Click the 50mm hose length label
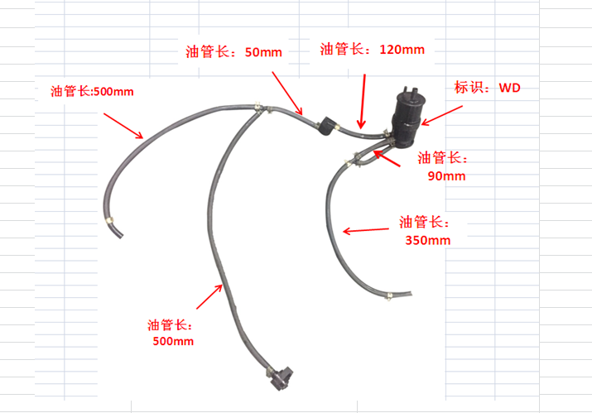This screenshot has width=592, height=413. click(233, 51)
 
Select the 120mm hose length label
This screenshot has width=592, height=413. click(373, 50)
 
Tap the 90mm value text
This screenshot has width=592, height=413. click(446, 176)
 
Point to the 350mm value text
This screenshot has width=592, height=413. click(428, 240)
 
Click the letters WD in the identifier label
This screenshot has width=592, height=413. click(510, 88)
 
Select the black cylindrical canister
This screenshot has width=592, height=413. click(407, 118)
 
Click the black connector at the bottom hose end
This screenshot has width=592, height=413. click(282, 377)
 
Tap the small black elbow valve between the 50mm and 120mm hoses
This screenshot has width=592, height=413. click(326, 126)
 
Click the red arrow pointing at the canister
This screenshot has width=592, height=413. click(442, 116)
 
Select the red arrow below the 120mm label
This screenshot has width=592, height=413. click(363, 102)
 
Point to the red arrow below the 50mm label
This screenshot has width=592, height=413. click(287, 94)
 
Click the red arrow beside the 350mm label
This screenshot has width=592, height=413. click(365, 230)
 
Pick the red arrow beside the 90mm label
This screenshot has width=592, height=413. click(387, 158)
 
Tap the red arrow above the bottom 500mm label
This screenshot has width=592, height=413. click(209, 297)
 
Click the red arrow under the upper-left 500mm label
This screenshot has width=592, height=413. click(123, 126)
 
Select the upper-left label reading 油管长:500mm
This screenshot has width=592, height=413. click(92, 92)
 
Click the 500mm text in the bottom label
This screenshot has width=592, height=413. click(173, 341)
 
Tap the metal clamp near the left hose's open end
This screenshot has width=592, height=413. click(110, 220)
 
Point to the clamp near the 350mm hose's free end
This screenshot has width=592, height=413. click(388, 295)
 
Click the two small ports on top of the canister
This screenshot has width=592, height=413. click(410, 91)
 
